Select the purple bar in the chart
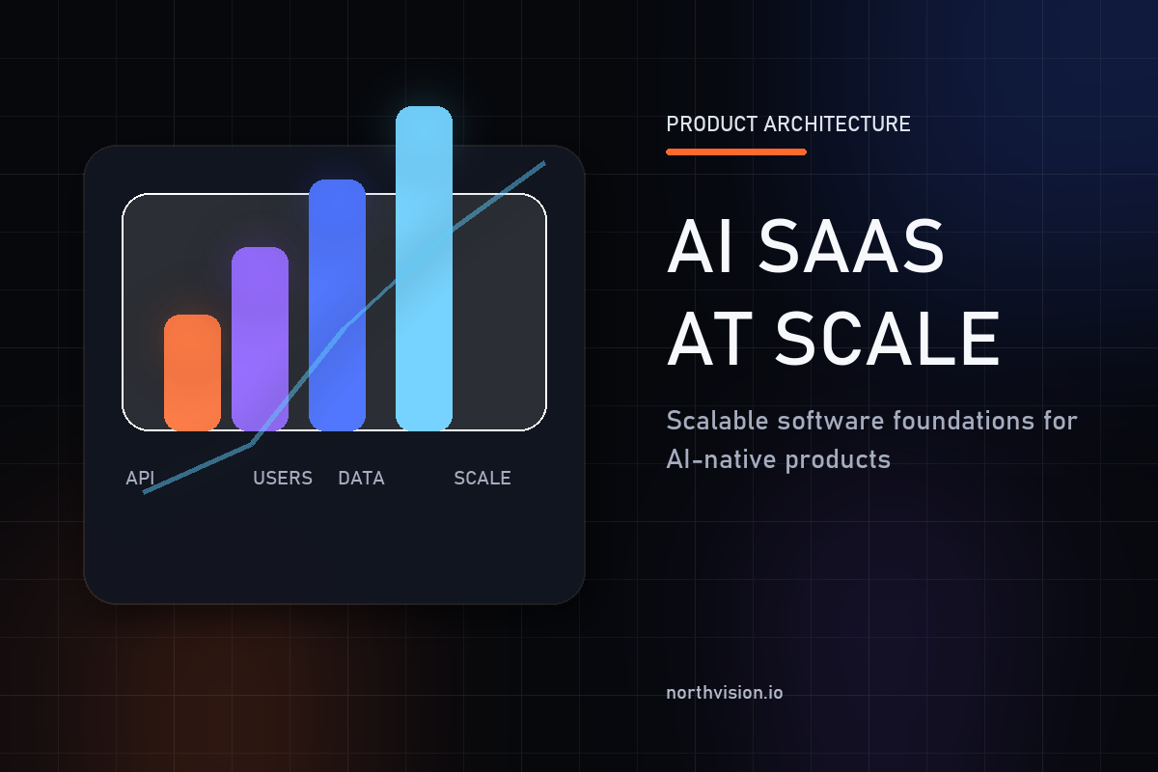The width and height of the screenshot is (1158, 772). (x=260, y=338)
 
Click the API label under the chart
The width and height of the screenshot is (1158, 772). (x=140, y=478)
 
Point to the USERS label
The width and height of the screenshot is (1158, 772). (x=283, y=478)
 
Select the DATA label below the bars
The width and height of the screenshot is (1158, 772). (x=361, y=478)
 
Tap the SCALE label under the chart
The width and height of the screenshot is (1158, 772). (x=482, y=478)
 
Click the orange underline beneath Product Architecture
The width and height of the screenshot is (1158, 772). (x=736, y=152)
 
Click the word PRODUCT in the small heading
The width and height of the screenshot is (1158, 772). (x=711, y=124)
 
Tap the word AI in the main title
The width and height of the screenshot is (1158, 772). (x=699, y=247)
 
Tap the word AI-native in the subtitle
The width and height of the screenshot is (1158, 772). (x=721, y=458)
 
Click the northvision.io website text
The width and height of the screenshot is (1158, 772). (x=725, y=693)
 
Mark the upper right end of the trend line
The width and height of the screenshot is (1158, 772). (x=544, y=162)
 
